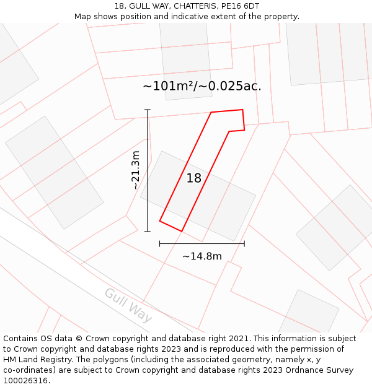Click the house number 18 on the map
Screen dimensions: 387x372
tap(194, 178)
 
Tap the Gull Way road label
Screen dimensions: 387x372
tap(128, 305)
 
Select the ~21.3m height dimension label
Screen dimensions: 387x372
tap(135, 170)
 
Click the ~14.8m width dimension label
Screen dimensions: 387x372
tap(202, 256)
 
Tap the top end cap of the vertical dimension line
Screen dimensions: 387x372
tap(148, 110)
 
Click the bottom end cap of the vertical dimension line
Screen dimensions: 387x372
tap(148, 232)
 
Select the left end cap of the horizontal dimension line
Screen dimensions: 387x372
tap(160, 243)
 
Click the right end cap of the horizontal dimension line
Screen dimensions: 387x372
tap(244, 243)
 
